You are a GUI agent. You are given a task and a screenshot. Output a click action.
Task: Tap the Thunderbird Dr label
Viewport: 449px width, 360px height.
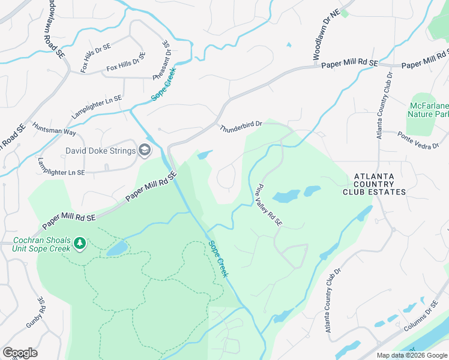coord(241,127)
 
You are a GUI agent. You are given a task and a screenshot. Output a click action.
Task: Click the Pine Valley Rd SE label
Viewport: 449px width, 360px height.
coord(269,205)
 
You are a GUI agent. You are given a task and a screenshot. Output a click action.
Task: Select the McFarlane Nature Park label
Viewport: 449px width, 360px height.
coord(429,109)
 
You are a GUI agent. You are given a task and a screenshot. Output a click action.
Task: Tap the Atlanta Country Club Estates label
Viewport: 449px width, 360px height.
coord(374,184)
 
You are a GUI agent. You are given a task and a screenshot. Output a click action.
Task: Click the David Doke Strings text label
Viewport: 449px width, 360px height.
coord(101,150)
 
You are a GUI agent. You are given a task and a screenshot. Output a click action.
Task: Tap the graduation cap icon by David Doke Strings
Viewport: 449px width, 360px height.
coord(144,150)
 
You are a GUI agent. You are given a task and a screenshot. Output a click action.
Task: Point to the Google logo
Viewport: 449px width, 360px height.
coord(20,353)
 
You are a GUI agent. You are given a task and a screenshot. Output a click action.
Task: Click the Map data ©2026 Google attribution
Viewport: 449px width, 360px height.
coord(411,355)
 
